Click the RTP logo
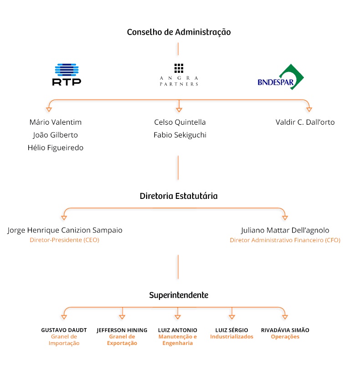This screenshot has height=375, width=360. (67, 74)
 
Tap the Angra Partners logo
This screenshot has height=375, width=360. (179, 75)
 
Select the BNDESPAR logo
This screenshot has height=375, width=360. (281, 77)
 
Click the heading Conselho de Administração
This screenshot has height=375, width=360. (179, 32)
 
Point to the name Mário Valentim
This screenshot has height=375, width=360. (56, 122)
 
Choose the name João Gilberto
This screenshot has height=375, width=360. (56, 135)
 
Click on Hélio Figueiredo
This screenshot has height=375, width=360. (56, 148)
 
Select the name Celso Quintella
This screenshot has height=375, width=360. (180, 122)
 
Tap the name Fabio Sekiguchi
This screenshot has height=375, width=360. (180, 135)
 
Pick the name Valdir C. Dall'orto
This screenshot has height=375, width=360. (305, 122)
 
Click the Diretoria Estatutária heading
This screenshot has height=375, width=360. (179, 196)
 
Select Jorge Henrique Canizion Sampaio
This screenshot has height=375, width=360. (65, 230)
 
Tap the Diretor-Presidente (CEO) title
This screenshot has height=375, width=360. (64, 240)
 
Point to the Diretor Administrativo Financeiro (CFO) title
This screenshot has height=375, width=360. (285, 240)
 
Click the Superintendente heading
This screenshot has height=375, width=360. (179, 295)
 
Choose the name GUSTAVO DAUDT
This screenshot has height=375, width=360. (64, 330)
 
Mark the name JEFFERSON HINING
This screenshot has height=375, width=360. (122, 330)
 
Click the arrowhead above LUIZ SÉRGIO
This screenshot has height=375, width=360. (232, 317)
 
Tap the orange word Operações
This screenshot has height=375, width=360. (285, 337)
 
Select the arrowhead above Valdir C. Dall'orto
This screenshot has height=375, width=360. (309, 110)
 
